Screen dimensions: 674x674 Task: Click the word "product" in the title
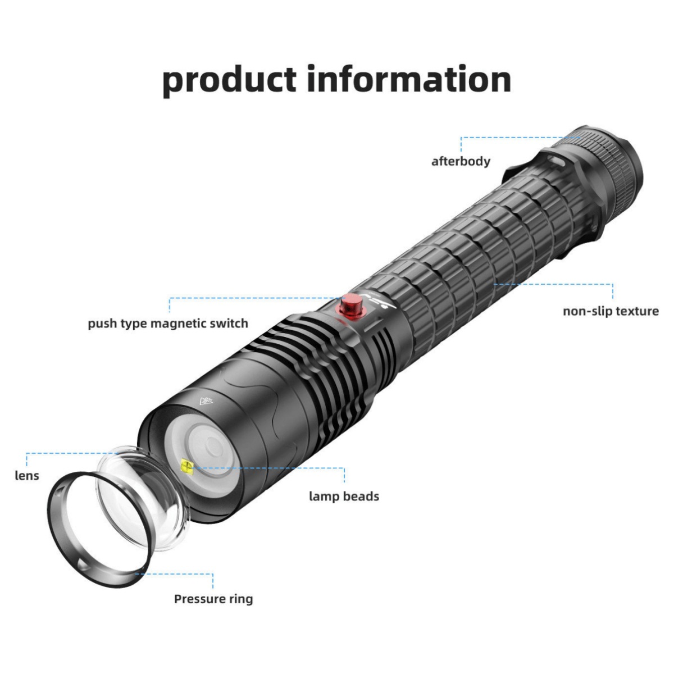[x=230, y=79]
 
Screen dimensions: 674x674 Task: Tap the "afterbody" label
[x=461, y=161]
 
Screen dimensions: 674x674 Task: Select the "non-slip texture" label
[x=611, y=311]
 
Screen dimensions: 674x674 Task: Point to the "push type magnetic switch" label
[x=168, y=324]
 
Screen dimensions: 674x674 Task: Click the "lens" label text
[x=27, y=476]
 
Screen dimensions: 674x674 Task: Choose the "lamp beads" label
[x=344, y=497]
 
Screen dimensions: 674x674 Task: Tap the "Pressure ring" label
[x=213, y=599]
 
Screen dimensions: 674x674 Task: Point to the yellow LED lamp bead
[x=186, y=466]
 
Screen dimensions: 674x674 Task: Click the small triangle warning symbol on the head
[x=206, y=401]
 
